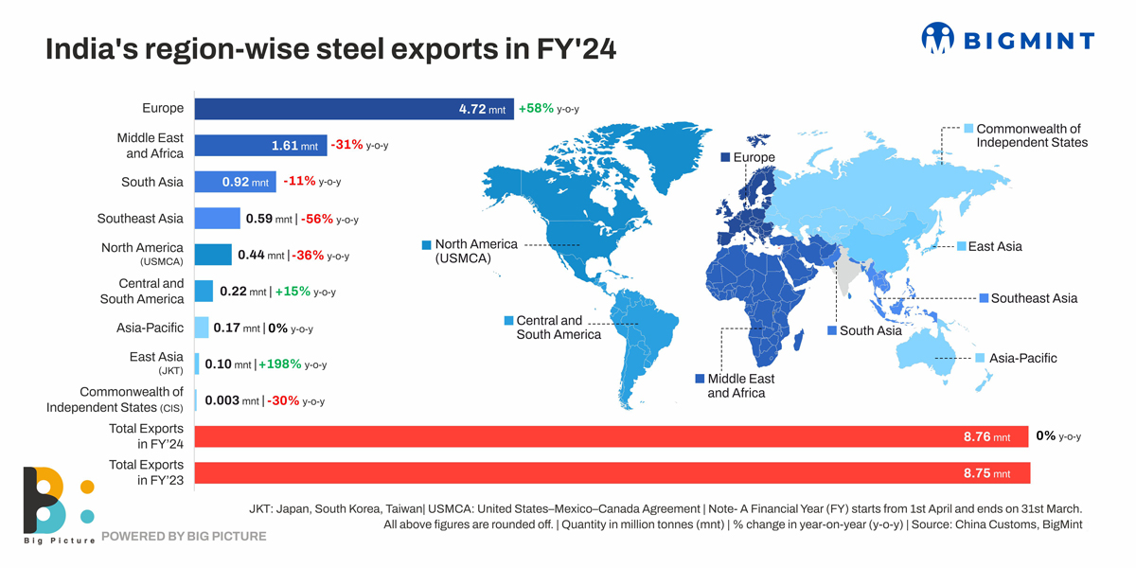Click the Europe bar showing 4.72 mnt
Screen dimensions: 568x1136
(354, 109)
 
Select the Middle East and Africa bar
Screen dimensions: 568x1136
(260, 146)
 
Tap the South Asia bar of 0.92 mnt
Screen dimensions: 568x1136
(235, 182)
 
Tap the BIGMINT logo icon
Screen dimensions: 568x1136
(938, 39)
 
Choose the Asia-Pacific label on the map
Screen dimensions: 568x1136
(1022, 358)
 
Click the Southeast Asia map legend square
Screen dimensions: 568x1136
(983, 298)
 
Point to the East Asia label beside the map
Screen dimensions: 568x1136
(994, 246)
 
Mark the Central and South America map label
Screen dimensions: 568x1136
(558, 328)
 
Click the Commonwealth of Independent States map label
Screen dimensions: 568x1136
(1031, 135)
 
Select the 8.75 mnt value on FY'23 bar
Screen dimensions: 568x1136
(986, 473)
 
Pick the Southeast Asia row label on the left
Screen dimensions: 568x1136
(140, 219)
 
